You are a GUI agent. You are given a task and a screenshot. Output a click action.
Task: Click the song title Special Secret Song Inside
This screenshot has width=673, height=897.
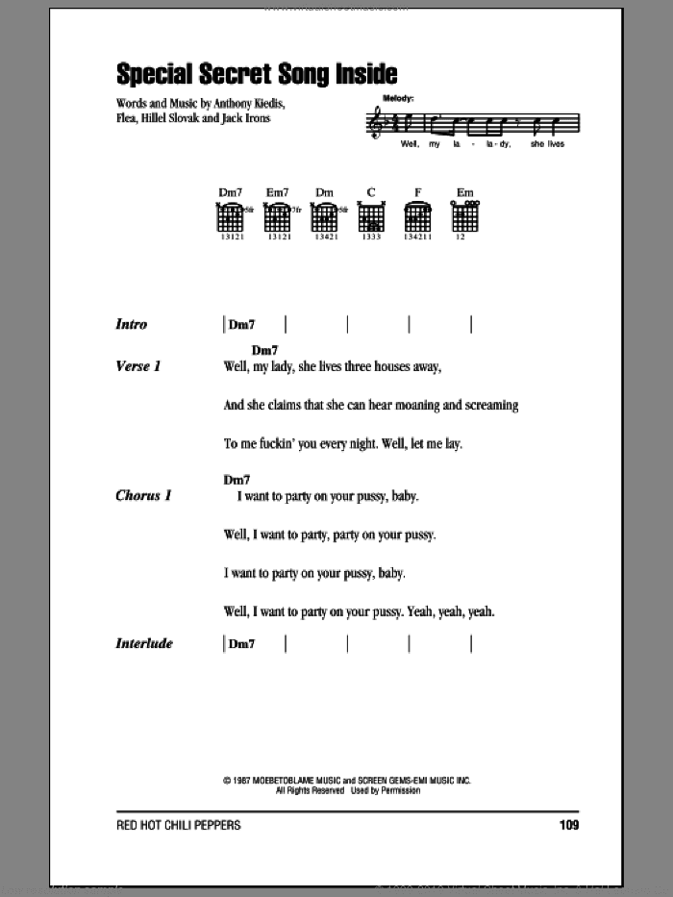pos(256,75)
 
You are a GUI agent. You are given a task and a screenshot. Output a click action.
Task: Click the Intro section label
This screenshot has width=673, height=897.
pos(131,325)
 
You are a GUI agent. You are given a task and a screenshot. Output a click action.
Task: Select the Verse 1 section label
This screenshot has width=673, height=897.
pos(138,366)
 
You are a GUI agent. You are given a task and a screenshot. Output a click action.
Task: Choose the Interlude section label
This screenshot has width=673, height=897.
pos(143,643)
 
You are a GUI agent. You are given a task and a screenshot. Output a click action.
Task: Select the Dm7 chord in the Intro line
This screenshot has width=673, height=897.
pos(242,325)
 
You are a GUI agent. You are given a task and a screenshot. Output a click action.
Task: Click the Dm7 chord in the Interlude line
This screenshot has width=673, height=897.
pos(242,643)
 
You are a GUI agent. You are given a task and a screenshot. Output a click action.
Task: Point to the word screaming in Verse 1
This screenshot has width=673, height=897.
pos(491,405)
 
